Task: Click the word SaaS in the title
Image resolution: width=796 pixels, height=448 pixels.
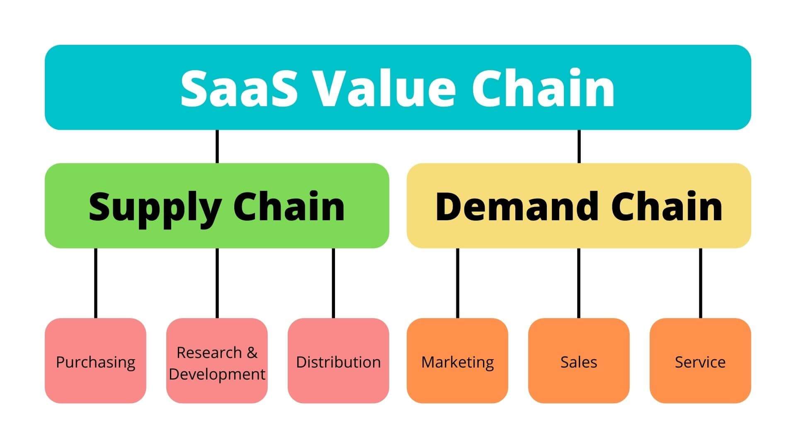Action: pyautogui.click(x=239, y=88)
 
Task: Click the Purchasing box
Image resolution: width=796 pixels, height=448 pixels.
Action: pyautogui.click(x=95, y=360)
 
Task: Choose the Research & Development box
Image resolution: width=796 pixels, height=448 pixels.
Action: pyautogui.click(x=217, y=360)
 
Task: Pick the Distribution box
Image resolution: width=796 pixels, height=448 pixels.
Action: pyautogui.click(x=338, y=360)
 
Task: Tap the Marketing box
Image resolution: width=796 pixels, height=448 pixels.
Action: pyautogui.click(x=457, y=360)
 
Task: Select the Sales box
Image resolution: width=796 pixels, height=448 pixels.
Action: pyautogui.click(x=579, y=360)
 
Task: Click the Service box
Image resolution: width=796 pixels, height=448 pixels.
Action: pyautogui.click(x=700, y=360)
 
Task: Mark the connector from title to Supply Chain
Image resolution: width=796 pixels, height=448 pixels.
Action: pyautogui.click(x=217, y=146)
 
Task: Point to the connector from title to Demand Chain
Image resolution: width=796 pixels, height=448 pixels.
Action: pyautogui.click(x=579, y=146)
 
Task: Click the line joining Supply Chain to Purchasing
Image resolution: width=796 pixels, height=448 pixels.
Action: pyautogui.click(x=96, y=283)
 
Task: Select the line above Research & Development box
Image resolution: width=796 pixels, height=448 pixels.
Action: pyautogui.click(x=217, y=283)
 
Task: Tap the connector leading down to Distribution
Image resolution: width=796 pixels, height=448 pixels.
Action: pyautogui.click(x=333, y=283)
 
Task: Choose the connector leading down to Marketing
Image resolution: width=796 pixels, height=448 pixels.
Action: pyautogui.click(x=458, y=283)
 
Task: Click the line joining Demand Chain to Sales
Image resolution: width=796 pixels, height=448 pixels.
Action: pyautogui.click(x=579, y=283)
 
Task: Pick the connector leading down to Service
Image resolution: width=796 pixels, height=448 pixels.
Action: pyautogui.click(x=701, y=283)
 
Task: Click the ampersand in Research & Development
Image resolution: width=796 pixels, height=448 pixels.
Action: pyautogui.click(x=252, y=353)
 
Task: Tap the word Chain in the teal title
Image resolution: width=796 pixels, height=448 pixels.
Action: pyautogui.click(x=543, y=88)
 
